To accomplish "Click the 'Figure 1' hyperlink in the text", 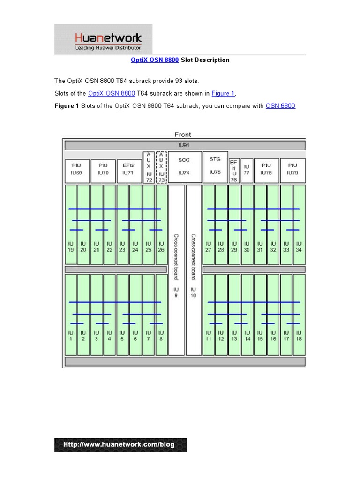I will click(223, 93).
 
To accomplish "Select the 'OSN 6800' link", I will click(280, 106).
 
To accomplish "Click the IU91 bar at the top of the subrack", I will click(185, 145).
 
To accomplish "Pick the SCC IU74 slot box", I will click(185, 166).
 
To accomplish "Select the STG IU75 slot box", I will click(215, 166).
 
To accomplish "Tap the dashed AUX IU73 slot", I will click(161, 167).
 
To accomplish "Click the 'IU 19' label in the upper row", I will click(71, 247).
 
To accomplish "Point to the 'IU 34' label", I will click(299, 247).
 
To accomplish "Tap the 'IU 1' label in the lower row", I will click(71, 336).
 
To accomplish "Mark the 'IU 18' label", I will click(299, 336).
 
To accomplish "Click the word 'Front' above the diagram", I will click(183, 135).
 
